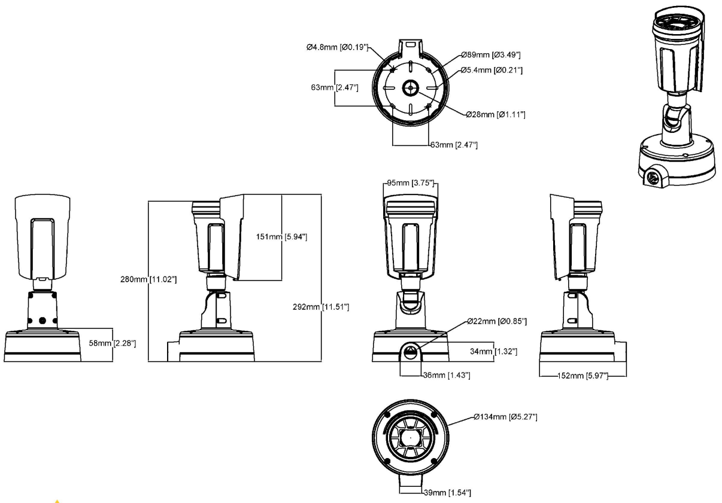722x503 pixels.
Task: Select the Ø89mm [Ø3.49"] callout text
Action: click(490, 55)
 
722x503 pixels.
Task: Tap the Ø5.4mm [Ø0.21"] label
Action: click(492, 71)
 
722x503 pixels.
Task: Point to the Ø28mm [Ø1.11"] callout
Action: click(496, 114)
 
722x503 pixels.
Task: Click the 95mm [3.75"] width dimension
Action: click(409, 184)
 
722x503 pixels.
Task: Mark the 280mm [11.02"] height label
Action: click(149, 279)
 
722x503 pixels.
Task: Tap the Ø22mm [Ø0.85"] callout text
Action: click(497, 322)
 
